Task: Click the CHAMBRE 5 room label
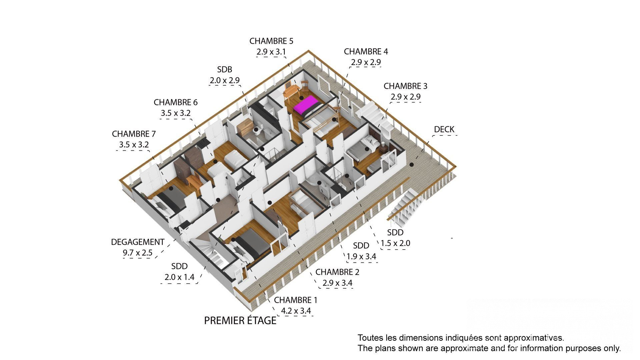coord(271,41)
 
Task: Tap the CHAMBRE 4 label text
coord(366,52)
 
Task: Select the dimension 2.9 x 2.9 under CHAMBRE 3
coord(405,97)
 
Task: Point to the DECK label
coord(444,129)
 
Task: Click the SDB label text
coord(225,70)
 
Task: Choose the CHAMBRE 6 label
coord(176,102)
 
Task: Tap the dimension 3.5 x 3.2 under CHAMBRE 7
coord(134,145)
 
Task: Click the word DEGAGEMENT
coord(138,242)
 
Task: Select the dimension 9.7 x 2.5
coord(138,253)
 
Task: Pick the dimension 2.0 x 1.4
coord(179,277)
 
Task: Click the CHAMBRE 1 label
coord(296,300)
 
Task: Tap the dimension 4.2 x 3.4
coord(296,311)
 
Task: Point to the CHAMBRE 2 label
coord(337,272)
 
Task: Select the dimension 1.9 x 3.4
coord(361,257)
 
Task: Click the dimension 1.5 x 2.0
coord(395,243)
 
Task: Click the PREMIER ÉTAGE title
coord(240,321)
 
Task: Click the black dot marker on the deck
coord(412,165)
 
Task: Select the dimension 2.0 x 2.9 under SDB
coord(225,81)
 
